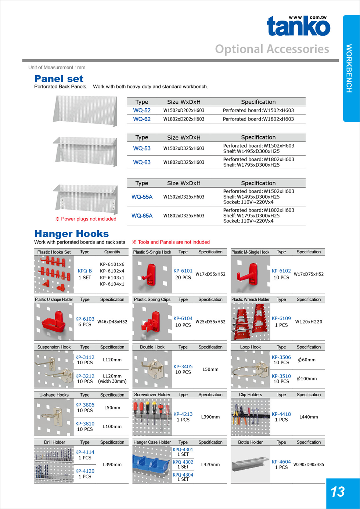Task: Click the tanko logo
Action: [298, 26]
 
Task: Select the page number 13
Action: [338, 492]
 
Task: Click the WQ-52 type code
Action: [142, 111]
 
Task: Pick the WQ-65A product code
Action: [142, 216]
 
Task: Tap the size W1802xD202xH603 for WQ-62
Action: [184, 119]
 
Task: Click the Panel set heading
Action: [59, 79]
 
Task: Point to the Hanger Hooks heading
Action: [72, 234]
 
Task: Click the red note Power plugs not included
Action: [86, 219]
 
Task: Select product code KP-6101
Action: [183, 271]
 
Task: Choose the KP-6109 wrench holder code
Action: [281, 318]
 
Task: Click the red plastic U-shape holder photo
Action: [54, 322]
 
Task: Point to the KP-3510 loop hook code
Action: [281, 376]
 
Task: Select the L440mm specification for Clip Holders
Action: [309, 417]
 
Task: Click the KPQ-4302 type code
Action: [183, 462]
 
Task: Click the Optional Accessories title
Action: [272, 49]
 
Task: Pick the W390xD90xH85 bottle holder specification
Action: [309, 465]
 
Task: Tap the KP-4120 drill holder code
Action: [85, 471]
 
